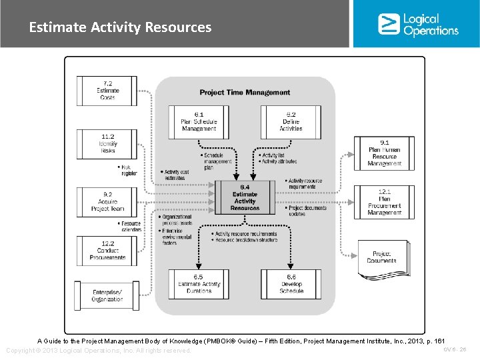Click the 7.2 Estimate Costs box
click(107, 90)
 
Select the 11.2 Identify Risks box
click(107, 143)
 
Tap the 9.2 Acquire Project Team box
click(107, 201)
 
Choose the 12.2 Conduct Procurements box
click(107, 251)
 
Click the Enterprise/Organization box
click(107, 295)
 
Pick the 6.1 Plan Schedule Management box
click(199, 121)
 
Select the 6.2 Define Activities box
click(291, 121)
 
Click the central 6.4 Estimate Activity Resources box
click(245, 197)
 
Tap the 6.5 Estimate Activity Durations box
click(199, 283)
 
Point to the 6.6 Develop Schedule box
click(291, 283)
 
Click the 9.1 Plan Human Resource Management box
click(385, 153)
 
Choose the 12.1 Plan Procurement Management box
click(385, 202)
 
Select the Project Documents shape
click(385, 256)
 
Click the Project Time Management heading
click(245, 93)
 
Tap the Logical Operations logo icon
click(389, 24)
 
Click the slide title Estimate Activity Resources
click(120, 27)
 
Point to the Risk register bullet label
click(129, 170)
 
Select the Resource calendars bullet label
click(131, 227)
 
